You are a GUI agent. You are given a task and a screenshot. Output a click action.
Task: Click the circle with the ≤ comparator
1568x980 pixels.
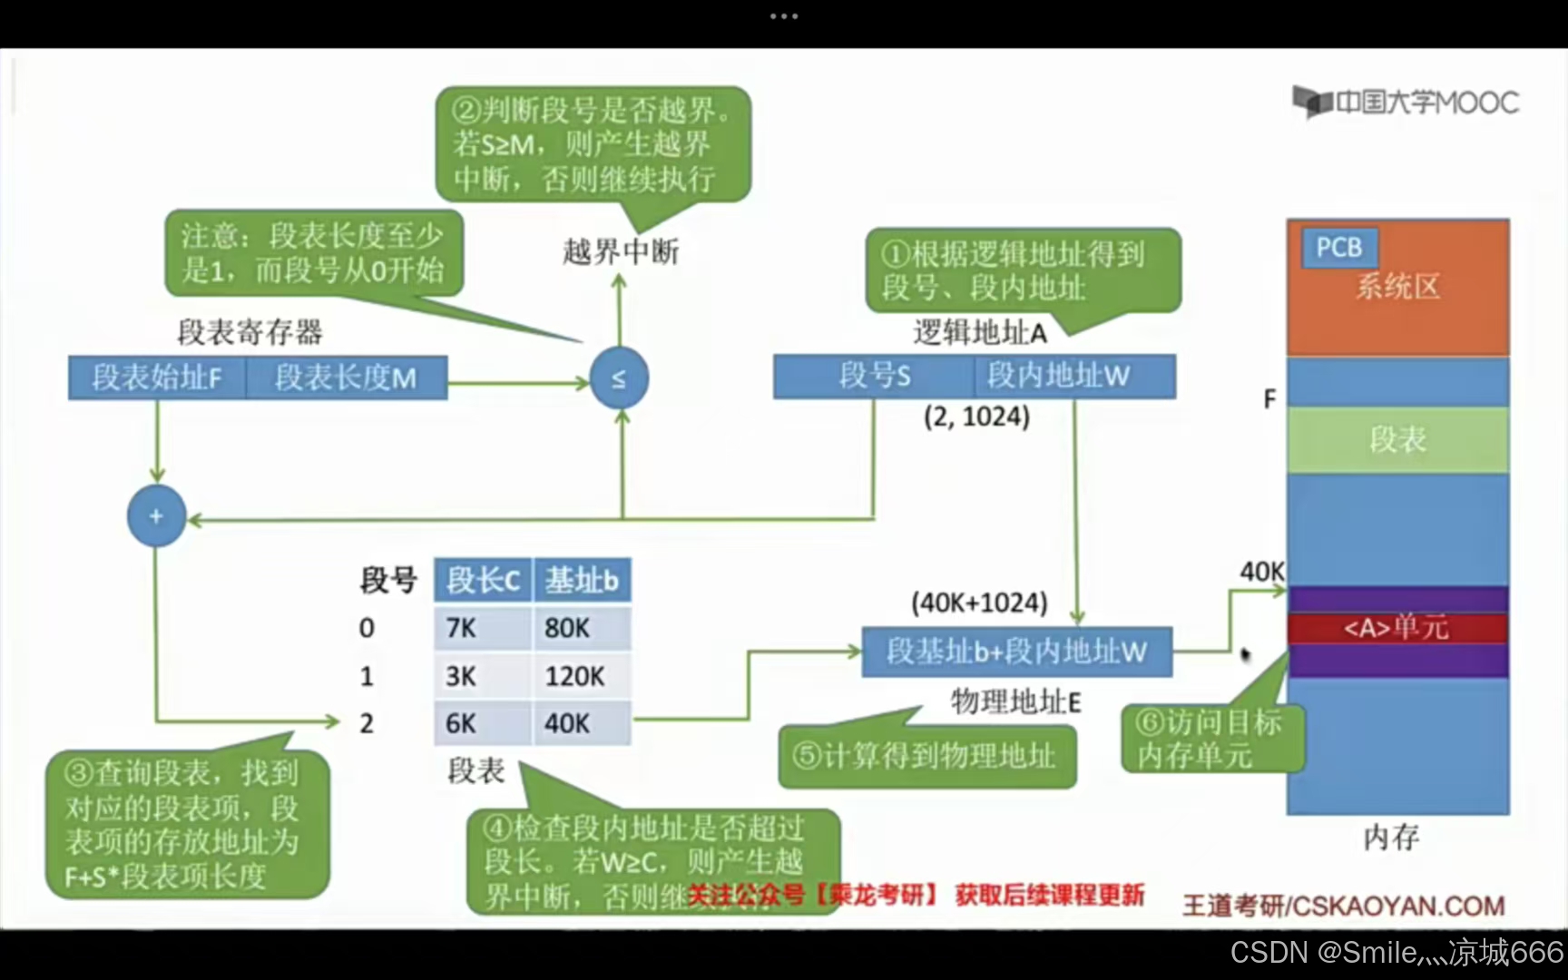(x=619, y=377)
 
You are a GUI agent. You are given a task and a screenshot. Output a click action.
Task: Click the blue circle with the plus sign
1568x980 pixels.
(x=156, y=516)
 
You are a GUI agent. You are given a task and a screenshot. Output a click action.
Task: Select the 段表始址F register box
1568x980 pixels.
(x=157, y=377)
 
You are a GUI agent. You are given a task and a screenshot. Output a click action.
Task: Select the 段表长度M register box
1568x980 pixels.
(x=346, y=377)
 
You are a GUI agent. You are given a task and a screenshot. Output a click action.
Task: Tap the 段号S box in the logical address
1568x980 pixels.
(x=874, y=376)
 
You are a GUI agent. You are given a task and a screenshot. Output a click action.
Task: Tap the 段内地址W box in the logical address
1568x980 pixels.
(x=1075, y=376)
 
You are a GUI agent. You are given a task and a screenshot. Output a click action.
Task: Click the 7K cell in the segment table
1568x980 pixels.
(x=482, y=628)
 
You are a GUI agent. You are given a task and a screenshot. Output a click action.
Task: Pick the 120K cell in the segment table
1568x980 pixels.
(x=581, y=676)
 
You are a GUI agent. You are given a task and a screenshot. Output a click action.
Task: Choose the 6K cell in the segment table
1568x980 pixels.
(x=482, y=723)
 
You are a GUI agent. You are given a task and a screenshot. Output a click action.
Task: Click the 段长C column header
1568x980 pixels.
(x=483, y=580)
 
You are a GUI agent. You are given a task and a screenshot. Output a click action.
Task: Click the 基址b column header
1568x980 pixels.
(x=582, y=580)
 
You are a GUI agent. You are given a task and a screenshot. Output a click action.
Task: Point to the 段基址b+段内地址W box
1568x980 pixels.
(x=1016, y=652)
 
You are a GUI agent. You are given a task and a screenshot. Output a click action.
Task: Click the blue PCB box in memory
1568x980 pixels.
(x=1339, y=247)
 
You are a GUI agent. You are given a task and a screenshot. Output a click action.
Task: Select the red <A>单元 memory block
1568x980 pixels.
(x=1397, y=628)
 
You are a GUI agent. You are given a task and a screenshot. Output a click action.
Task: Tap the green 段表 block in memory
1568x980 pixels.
(x=1397, y=440)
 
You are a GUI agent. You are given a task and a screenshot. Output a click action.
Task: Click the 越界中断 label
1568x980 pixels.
(x=621, y=251)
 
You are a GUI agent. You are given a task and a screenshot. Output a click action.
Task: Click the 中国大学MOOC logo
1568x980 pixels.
(x=1406, y=102)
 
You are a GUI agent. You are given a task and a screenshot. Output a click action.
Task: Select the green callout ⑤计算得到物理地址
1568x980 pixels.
(x=926, y=756)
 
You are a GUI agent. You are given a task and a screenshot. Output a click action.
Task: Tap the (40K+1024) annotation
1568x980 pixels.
(x=979, y=603)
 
